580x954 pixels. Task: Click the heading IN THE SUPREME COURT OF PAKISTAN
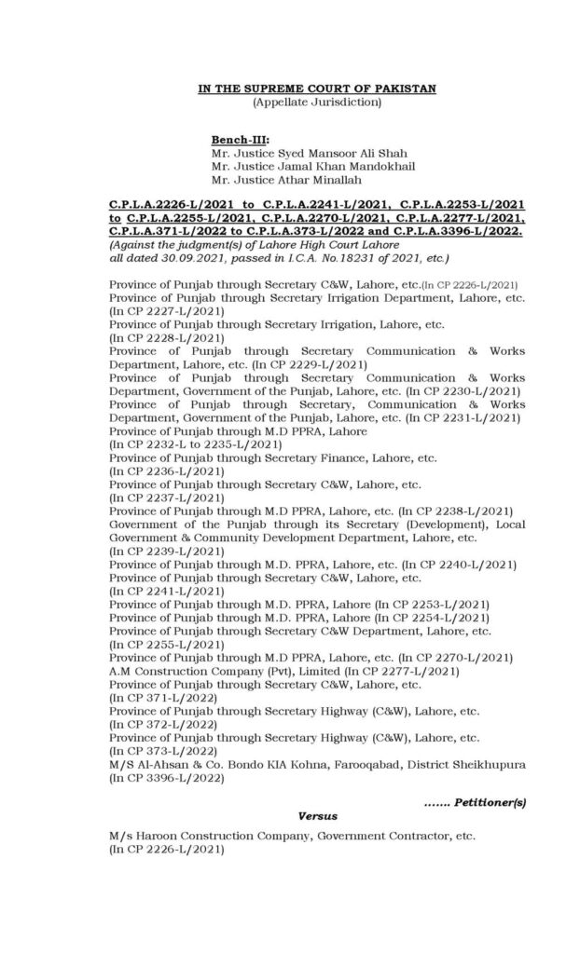click(x=317, y=88)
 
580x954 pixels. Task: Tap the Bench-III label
click(x=240, y=139)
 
